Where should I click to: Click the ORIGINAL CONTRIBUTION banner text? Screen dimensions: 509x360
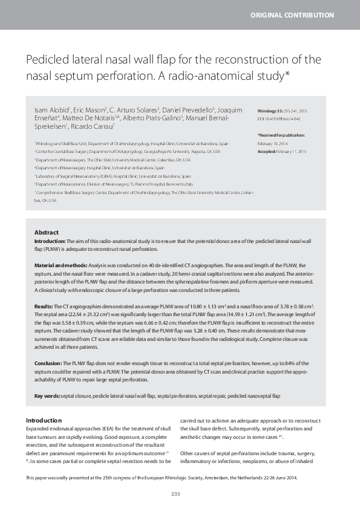point(300,15)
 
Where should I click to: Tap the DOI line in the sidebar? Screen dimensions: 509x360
point(281,119)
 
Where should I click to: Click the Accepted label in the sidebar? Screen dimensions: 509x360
point(268,151)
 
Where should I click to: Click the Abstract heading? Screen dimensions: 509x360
point(47,232)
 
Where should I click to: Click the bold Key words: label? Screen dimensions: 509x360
point(47,395)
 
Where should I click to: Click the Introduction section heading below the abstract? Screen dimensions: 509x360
point(44,420)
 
